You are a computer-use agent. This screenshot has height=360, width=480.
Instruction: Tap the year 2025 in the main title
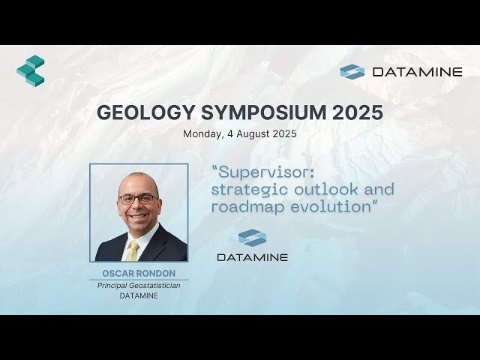point(356,112)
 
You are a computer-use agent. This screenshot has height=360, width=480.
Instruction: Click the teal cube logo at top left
point(31,70)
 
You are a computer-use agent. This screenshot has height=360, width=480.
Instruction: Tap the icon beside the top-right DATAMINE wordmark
point(352,72)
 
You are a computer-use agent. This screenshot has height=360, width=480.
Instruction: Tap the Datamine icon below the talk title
point(252,238)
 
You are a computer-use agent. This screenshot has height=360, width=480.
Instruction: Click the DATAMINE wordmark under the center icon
point(252,257)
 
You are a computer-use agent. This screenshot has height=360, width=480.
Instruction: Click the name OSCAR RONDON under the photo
point(139,274)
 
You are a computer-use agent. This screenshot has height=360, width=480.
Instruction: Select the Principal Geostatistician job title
point(139,286)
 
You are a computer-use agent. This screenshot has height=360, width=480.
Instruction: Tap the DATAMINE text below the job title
point(139,296)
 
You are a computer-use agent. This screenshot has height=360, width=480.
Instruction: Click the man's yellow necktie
point(133,249)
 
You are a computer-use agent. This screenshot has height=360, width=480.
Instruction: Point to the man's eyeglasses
point(138,199)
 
